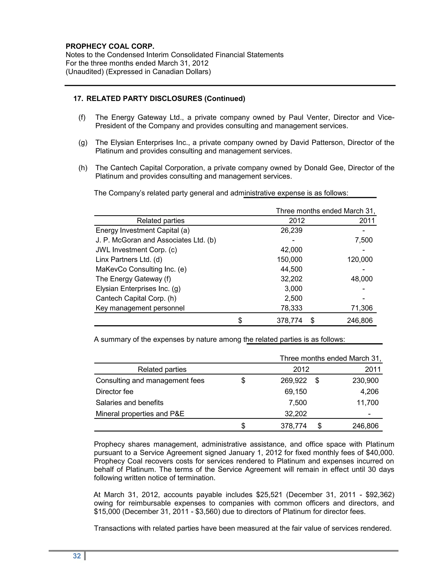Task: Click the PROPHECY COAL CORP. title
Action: coord(110,46)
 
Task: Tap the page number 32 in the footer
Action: coord(77,556)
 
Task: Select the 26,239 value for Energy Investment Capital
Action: coord(291,230)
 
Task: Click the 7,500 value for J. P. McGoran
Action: coord(364,240)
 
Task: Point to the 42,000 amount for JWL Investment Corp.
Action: coord(291,250)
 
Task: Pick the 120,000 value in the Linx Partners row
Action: coord(360,259)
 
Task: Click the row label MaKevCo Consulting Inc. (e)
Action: coord(141,269)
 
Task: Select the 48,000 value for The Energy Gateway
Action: coord(361,279)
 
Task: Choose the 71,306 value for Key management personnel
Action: coord(361,308)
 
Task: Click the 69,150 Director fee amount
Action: coord(296,392)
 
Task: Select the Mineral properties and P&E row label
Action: coord(140,414)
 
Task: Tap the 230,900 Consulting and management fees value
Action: coord(365,380)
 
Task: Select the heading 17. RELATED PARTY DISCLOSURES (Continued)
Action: coord(159,99)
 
